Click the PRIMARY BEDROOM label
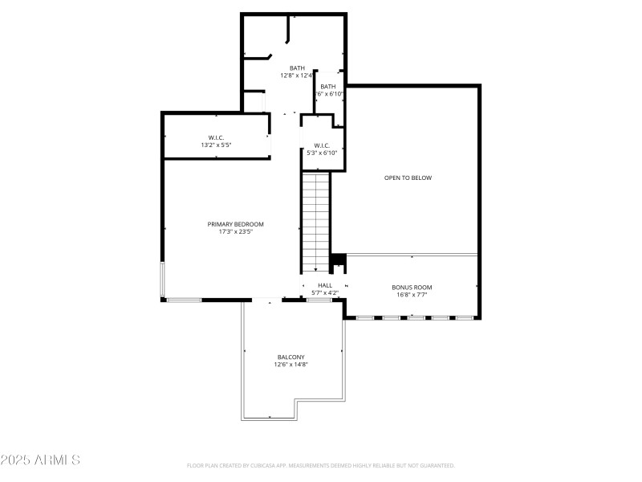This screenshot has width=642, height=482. click(235, 224)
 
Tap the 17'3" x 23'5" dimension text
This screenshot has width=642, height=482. click(235, 232)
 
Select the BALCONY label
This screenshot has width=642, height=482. click(291, 357)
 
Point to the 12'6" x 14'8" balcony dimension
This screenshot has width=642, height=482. click(291, 365)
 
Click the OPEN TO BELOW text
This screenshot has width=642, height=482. click(408, 178)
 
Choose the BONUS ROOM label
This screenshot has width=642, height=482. click(412, 287)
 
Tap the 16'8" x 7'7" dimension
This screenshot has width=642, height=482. click(412, 295)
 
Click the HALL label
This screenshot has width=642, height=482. click(324, 285)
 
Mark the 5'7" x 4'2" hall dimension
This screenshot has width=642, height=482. click(324, 292)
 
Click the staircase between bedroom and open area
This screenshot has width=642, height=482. click(316, 222)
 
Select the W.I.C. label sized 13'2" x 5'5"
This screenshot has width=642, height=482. click(216, 137)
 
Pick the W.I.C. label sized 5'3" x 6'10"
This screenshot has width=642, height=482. click(322, 145)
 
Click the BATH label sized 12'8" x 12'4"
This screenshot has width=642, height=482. click(297, 68)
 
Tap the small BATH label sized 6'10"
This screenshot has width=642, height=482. click(328, 86)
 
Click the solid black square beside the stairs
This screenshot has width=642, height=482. click(338, 260)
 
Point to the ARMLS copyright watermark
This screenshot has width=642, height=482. click(40, 460)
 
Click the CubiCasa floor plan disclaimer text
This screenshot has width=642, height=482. click(320, 465)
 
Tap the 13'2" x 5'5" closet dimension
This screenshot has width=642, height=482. click(216, 145)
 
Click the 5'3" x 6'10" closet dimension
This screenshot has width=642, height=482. click(322, 153)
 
